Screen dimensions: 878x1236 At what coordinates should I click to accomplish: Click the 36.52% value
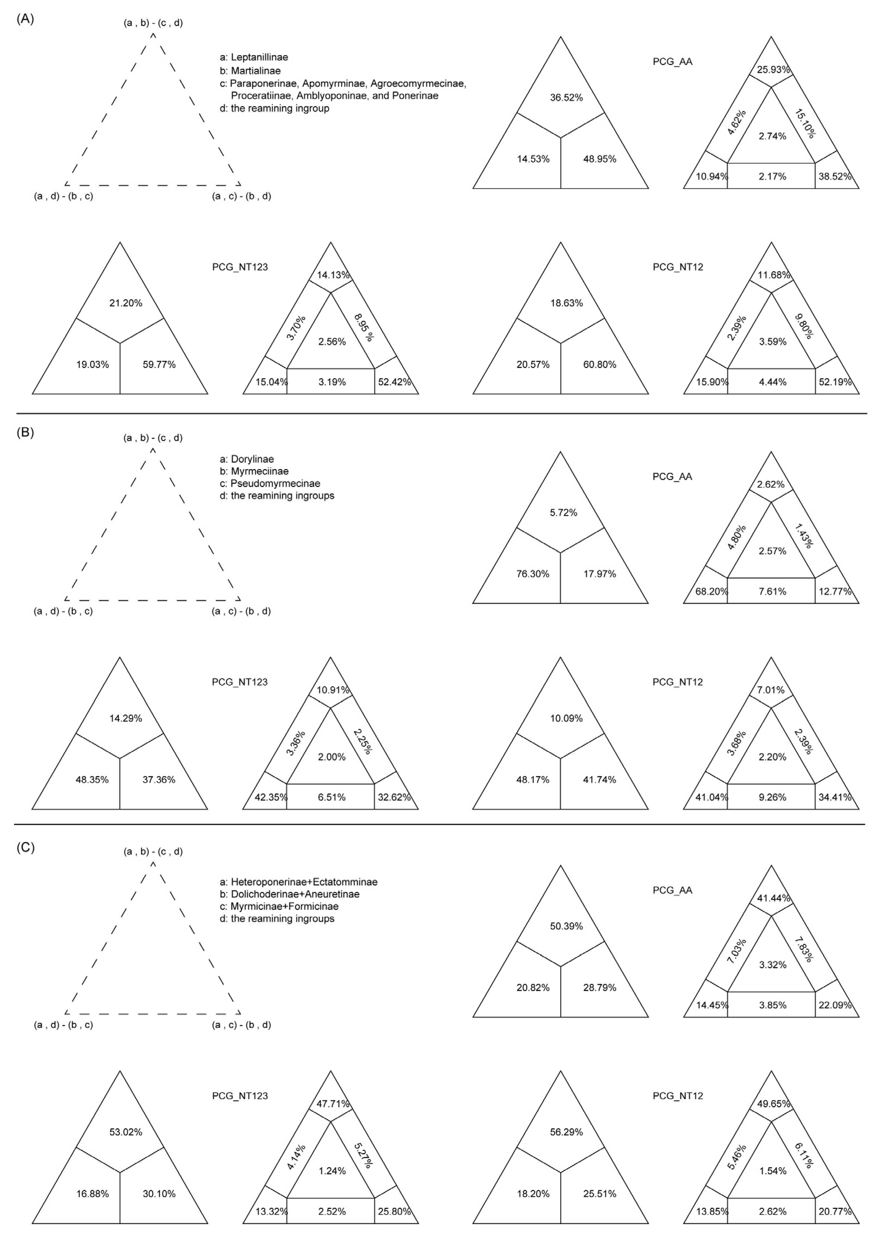click(x=566, y=98)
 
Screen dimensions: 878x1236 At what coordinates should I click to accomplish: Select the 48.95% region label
click(x=600, y=159)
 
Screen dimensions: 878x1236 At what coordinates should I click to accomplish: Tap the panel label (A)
click(x=25, y=19)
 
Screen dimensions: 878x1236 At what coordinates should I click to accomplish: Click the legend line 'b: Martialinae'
click(x=250, y=71)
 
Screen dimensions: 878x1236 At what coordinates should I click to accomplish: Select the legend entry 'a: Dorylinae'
click(x=247, y=459)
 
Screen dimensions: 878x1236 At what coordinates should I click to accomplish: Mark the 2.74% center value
click(x=773, y=136)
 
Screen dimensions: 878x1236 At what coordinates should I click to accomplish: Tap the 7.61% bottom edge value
click(x=773, y=592)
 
